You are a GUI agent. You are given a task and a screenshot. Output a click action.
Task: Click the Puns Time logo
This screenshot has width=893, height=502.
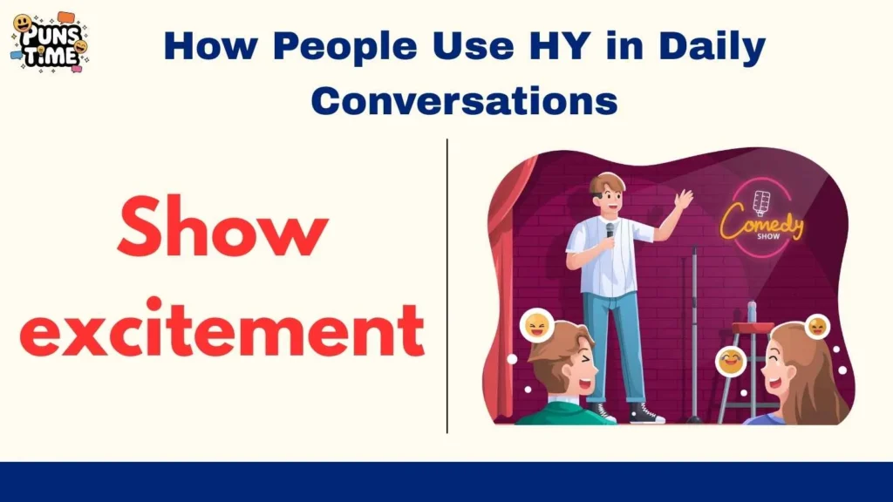coord(51,44)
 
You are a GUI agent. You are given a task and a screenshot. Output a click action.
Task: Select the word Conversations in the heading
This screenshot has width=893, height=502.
coord(464,101)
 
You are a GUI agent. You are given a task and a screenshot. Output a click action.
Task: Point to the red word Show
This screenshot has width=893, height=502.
coord(222,226)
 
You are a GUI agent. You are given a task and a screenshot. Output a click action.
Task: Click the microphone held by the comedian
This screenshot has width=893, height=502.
coord(610,231)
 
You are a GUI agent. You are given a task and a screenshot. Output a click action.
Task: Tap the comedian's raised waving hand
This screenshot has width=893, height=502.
coord(684,199)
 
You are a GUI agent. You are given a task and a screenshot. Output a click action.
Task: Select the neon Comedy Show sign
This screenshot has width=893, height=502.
coord(762,219)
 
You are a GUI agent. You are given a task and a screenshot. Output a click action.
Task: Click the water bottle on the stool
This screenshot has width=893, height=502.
coord(752,311)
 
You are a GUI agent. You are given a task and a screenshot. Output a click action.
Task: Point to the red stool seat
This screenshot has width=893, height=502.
coord(752,328)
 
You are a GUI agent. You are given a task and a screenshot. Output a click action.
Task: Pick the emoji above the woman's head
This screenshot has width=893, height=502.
coord(817,326)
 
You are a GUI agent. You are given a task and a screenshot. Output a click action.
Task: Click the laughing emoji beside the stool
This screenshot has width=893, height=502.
coord(732,360)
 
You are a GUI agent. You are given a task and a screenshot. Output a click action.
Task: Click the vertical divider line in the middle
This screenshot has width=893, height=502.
coord(447,286)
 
